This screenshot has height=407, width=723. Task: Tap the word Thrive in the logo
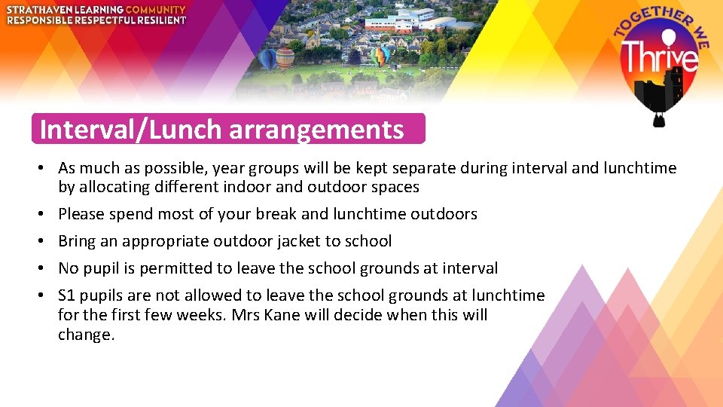click(659, 57)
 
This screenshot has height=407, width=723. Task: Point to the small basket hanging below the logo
click(659, 120)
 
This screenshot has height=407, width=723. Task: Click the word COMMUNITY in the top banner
click(155, 10)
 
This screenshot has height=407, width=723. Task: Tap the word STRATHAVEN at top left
click(35, 10)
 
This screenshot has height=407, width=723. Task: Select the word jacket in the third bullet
click(307, 241)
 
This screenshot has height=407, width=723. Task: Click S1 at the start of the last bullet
click(67, 295)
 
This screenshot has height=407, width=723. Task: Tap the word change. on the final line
click(86, 335)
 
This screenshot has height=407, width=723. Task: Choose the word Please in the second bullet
click(81, 214)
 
